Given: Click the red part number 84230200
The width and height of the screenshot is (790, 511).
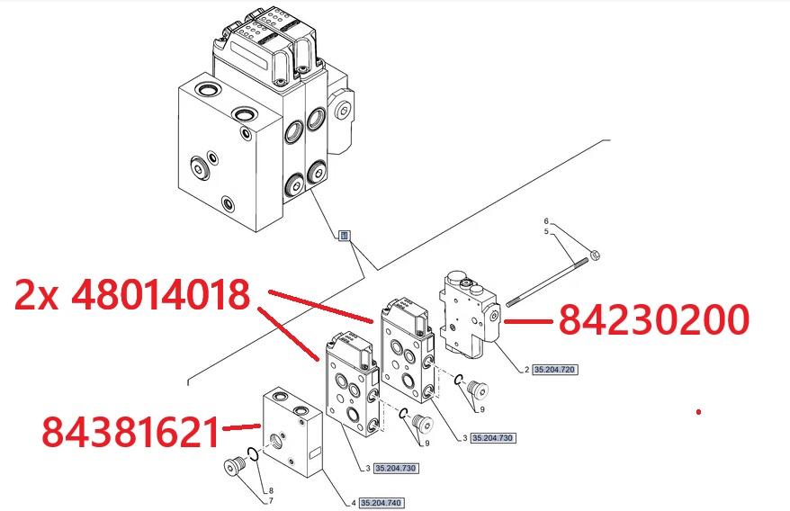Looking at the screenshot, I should (x=654, y=320).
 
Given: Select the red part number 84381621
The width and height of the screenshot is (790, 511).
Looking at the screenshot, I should (x=130, y=433).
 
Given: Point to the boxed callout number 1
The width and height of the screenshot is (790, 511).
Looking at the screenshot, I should (x=343, y=236).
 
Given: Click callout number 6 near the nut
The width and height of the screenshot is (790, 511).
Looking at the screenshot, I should (x=545, y=220).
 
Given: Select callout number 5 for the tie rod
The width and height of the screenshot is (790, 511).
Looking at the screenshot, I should (x=545, y=232).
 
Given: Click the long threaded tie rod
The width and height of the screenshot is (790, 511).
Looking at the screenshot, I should (x=549, y=280).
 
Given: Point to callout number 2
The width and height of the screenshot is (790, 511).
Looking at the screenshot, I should (x=526, y=370).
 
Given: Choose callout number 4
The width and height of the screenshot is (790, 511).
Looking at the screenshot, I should (x=354, y=503).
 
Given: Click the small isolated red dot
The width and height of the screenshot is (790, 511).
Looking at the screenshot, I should (x=698, y=412).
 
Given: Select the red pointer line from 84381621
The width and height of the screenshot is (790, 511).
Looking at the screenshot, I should (x=241, y=427).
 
